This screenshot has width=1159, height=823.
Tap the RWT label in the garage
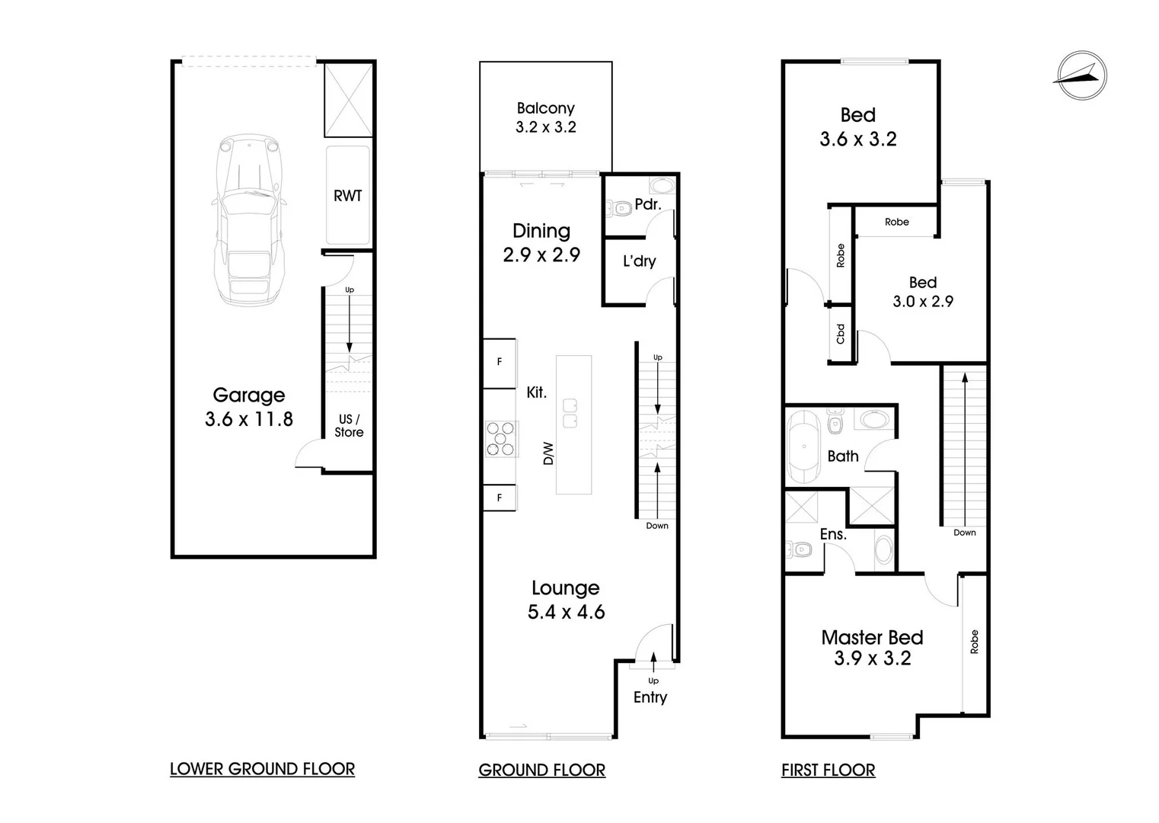[348, 196]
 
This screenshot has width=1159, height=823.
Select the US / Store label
[349, 425]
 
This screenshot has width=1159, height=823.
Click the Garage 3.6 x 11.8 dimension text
[248, 418]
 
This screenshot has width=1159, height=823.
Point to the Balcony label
[545, 108]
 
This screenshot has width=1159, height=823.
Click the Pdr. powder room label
[648, 204]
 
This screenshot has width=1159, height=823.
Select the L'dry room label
[639, 261]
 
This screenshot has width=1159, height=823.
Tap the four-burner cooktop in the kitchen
[502, 439]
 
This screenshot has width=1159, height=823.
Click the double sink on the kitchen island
[570, 412]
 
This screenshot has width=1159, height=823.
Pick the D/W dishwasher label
[548, 454]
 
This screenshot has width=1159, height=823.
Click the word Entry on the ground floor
[650, 697]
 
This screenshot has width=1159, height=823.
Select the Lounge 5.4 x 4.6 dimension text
[566, 612]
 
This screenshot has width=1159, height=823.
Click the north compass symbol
[1081, 75]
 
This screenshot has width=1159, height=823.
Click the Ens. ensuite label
[833, 534]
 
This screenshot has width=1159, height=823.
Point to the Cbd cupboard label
[841, 334]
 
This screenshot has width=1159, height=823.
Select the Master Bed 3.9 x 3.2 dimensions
[872, 658]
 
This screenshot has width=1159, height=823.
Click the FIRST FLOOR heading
[828, 770]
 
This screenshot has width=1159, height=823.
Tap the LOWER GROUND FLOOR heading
[262, 769]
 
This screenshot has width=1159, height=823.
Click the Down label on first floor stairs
[964, 533]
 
